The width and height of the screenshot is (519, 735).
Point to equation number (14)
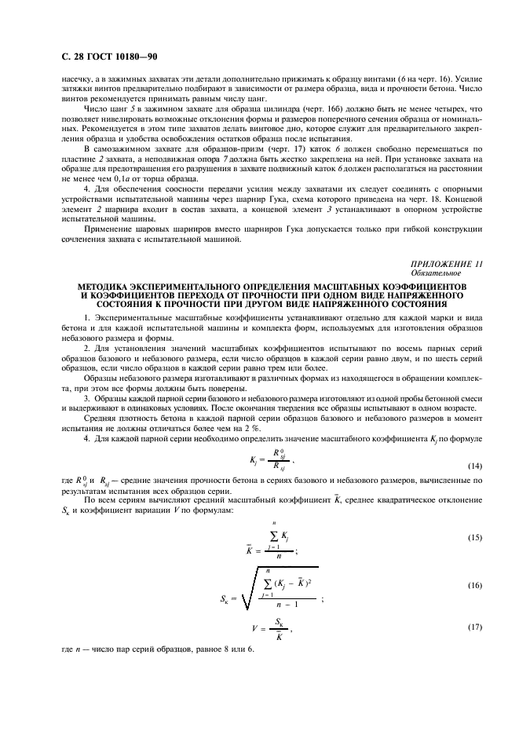coord(475,466)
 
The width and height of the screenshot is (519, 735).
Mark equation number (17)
coord(475,631)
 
